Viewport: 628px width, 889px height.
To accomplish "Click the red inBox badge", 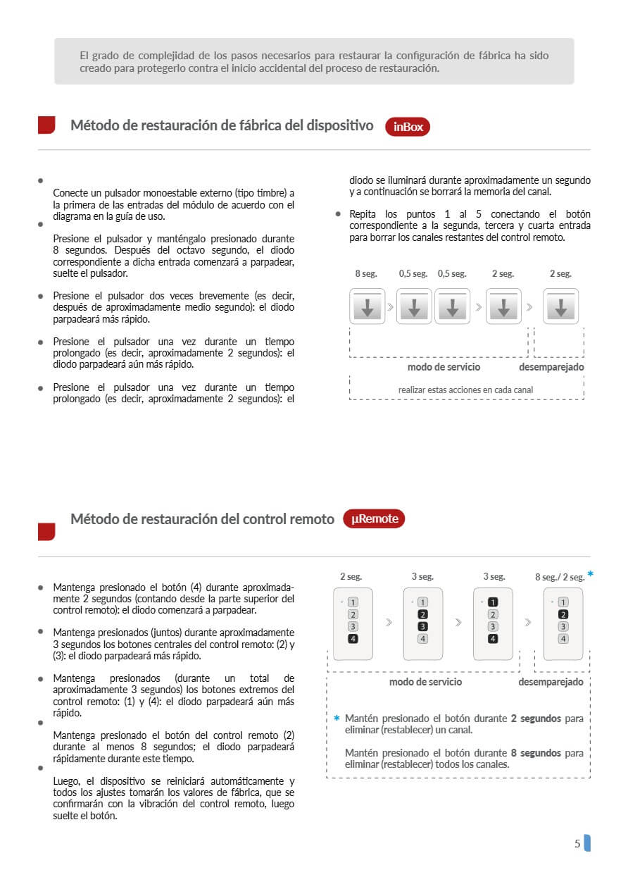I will pyautogui.click(x=407, y=127).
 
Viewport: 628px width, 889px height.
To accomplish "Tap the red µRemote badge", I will pyautogui.click(x=374, y=519).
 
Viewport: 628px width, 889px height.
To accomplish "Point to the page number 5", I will pyautogui.click(x=577, y=843).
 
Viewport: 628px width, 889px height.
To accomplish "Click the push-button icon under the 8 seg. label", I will pyautogui.click(x=368, y=306).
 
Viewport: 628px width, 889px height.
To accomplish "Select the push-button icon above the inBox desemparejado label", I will pyautogui.click(x=560, y=306).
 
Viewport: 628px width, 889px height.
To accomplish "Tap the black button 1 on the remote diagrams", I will pyautogui.click(x=493, y=602).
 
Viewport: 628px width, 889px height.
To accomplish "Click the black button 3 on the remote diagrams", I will pyautogui.click(x=422, y=626).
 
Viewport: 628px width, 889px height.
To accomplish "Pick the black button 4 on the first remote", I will pyautogui.click(x=353, y=639).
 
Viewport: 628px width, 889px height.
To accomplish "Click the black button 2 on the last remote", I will pyautogui.click(x=563, y=614).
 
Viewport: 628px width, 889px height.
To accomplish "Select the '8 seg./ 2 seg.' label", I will pyautogui.click(x=559, y=578).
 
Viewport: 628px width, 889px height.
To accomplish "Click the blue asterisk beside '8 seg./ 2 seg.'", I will pyautogui.click(x=590, y=574).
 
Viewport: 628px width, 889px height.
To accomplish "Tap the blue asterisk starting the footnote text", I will pyautogui.click(x=337, y=719).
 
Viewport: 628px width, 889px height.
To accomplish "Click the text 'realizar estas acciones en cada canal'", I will pyautogui.click(x=465, y=390).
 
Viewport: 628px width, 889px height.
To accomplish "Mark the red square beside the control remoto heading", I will pyautogui.click(x=46, y=531).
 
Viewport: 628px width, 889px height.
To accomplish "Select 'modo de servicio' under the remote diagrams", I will pyautogui.click(x=425, y=682).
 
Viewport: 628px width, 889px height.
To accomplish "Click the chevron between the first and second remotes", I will pyautogui.click(x=389, y=623).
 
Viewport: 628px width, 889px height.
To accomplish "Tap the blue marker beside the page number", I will pyautogui.click(x=587, y=843).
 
